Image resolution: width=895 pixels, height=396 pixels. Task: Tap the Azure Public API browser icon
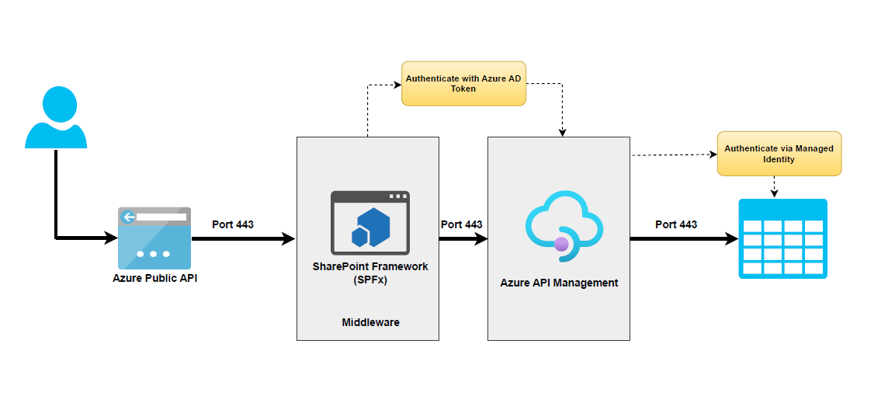[154, 238]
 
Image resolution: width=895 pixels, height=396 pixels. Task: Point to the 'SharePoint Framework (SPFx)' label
[369, 273]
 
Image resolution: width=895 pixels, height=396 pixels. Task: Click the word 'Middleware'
[370, 321]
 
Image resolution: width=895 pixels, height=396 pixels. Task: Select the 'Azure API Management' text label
[559, 283]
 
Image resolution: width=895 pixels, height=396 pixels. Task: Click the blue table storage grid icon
[782, 238]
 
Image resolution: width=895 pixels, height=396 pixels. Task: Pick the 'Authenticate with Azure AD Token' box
[463, 83]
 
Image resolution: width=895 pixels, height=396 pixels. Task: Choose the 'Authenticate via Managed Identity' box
[779, 153]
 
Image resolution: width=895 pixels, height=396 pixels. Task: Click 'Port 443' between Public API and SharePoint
[233, 224]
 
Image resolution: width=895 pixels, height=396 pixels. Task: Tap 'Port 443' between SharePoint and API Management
[461, 224]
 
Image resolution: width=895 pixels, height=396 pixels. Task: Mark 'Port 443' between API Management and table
[675, 224]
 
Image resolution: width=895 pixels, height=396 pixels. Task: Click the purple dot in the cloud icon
[561, 245]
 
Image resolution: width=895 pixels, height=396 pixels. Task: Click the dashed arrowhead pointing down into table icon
[773, 193]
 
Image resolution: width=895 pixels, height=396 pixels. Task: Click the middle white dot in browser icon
[154, 254]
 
